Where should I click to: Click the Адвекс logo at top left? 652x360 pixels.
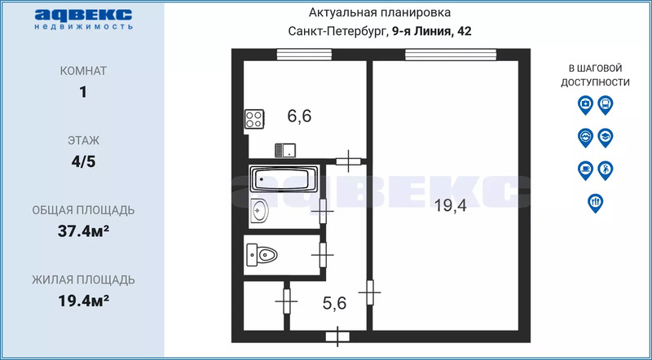tap(84, 20)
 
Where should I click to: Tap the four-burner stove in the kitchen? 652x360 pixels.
tap(254, 119)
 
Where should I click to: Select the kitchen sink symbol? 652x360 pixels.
tap(284, 150)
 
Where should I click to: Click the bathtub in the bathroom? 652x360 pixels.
tap(284, 178)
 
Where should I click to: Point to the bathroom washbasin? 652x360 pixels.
tap(260, 211)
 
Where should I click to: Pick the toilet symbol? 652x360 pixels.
tap(262, 253)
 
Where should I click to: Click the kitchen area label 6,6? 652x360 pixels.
tap(299, 116)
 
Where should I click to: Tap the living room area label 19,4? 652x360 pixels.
tap(451, 205)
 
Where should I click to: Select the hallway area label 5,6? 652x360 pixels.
tap(334, 303)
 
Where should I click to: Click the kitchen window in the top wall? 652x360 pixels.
tap(304, 55)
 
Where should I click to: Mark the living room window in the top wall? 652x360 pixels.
tap(451, 55)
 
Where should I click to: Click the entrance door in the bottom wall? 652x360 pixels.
tap(337, 336)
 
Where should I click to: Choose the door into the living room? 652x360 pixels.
tap(370, 292)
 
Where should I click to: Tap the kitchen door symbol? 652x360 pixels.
tap(349, 161)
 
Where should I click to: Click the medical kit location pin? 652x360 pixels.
tap(585, 105)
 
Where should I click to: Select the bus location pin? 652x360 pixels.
tap(606, 105)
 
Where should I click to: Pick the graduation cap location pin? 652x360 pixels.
tap(606, 137)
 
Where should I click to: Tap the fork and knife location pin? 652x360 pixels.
tap(596, 203)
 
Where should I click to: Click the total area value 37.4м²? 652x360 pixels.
tap(84, 231)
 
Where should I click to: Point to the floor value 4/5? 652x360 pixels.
tap(84, 162)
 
